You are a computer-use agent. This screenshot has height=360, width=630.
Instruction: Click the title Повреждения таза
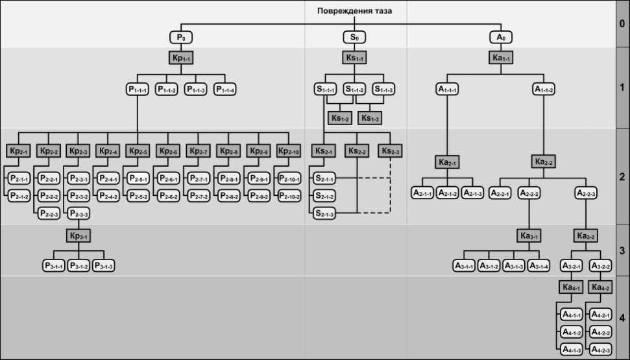pyautogui.click(x=354, y=10)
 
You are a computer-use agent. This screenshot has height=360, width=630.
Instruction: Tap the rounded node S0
pyautogui.click(x=355, y=37)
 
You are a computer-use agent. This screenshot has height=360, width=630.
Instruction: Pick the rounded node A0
pyautogui.click(x=501, y=37)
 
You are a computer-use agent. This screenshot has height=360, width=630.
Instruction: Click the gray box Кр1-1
pyautogui.click(x=182, y=58)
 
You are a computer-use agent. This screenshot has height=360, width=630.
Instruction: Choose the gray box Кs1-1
pyautogui.click(x=355, y=58)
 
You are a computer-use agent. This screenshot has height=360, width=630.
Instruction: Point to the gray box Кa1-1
pyautogui.click(x=501, y=58)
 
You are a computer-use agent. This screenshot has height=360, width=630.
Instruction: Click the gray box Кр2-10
pyautogui.click(x=289, y=151)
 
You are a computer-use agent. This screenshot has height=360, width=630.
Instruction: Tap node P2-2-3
pyautogui.click(x=49, y=213)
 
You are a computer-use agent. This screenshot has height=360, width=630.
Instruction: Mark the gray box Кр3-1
pyautogui.click(x=79, y=235)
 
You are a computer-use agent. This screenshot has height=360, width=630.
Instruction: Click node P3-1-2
pyautogui.click(x=79, y=266)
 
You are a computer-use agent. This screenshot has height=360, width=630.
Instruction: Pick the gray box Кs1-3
pyautogui.click(x=370, y=118)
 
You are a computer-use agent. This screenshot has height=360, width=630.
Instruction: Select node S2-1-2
pyautogui.click(x=324, y=195)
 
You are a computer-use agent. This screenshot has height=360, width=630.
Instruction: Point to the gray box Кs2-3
pyautogui.click(x=391, y=151)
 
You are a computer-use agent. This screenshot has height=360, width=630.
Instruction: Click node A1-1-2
pyautogui.click(x=544, y=90)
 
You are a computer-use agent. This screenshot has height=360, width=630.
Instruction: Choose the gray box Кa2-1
pyautogui.click(x=447, y=162)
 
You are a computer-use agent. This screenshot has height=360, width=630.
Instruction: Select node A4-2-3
pyautogui.click(x=600, y=350)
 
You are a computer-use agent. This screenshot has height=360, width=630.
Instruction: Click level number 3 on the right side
pyautogui.click(x=622, y=250)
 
